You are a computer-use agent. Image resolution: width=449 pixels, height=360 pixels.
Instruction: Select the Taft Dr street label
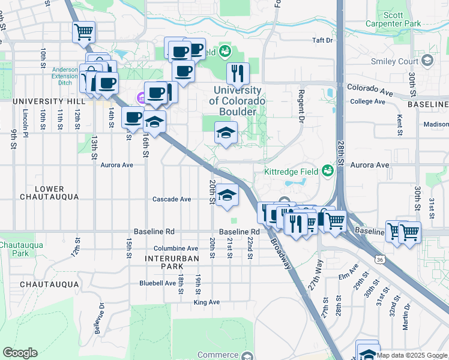click(322, 40)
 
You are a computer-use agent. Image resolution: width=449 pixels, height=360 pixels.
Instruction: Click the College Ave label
click(367, 101)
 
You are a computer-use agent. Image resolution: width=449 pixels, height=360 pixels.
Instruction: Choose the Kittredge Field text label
click(290, 172)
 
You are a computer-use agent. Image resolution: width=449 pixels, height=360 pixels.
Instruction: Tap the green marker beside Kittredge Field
click(327, 172)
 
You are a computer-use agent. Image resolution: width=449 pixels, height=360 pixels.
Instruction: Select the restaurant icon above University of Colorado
click(238, 73)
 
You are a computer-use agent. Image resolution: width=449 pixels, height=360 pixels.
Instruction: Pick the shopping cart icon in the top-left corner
click(83, 31)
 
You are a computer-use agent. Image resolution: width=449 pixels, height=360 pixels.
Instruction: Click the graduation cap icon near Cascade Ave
click(226, 195)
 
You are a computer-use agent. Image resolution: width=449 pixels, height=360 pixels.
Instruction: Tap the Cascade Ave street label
click(171, 199)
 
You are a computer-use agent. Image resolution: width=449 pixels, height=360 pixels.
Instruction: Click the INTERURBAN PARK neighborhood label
click(172, 262)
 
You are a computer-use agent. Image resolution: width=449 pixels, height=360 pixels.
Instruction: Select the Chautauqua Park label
click(14, 249)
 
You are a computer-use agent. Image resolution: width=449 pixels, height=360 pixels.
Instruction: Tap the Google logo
click(20, 353)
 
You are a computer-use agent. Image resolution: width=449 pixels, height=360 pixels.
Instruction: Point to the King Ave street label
click(206, 302)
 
